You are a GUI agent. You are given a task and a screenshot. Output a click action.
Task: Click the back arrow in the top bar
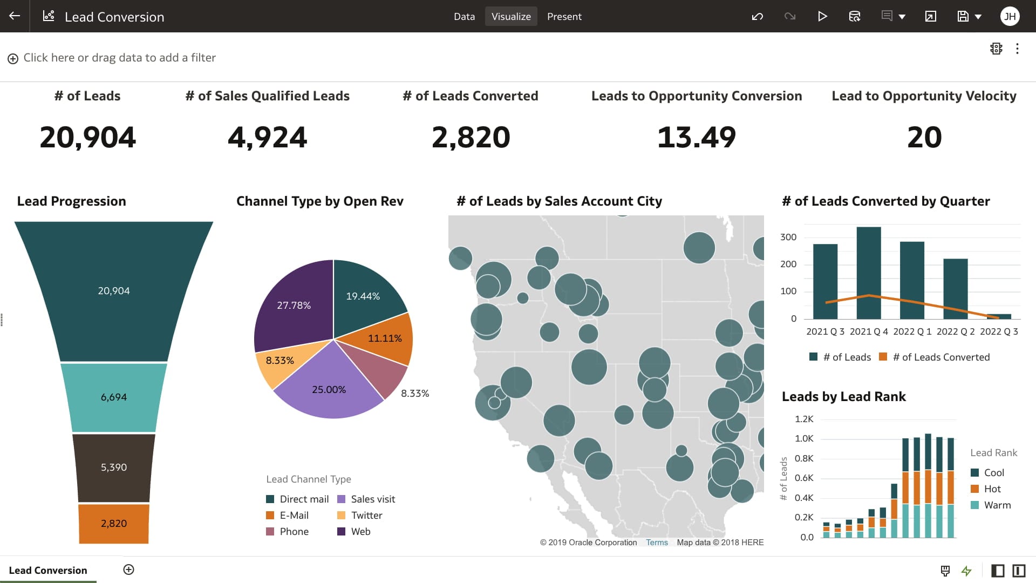pos(15,16)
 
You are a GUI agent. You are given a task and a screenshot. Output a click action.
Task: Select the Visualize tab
pos(510,16)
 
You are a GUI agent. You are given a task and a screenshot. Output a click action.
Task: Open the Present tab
pos(564,16)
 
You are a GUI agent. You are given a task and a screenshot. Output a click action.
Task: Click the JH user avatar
pos(1010,16)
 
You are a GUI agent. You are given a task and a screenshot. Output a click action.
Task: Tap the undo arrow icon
pos(757,16)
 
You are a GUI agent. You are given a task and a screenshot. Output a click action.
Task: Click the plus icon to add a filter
pos(13,58)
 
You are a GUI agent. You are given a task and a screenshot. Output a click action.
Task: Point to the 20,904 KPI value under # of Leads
pos(87,137)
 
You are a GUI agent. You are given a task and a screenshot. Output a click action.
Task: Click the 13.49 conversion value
pos(696,137)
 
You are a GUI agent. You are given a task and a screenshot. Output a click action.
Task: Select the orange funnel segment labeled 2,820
pos(113,523)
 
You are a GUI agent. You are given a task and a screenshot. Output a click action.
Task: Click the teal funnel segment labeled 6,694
pos(113,397)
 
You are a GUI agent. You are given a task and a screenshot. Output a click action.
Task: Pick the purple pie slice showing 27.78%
pos(294,305)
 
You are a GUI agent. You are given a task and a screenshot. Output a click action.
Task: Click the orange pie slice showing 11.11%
pos(385,338)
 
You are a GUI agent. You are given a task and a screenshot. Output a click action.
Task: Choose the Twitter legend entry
pos(366,515)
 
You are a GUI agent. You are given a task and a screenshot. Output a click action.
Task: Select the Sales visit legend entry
pos(372,499)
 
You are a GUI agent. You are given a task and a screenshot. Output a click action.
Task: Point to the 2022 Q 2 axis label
pos(955,331)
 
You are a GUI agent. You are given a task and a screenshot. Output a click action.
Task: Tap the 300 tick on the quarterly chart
pos(788,237)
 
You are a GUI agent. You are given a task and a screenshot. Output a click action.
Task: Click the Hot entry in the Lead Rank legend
pos(992,489)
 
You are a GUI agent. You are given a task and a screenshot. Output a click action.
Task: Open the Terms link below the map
pos(657,543)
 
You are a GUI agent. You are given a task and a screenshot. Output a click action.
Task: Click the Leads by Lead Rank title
pos(843,396)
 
